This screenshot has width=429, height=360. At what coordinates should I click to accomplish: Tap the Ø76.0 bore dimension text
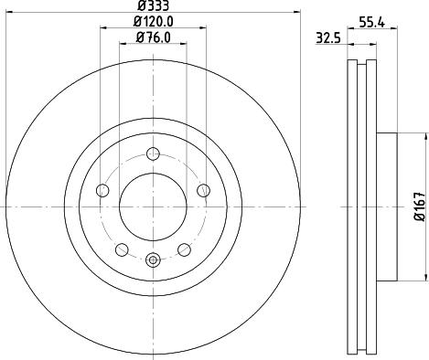pos(154,37)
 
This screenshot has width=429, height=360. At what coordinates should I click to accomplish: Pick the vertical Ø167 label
pos(417,207)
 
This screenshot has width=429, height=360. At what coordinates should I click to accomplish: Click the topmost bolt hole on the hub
pos(154,153)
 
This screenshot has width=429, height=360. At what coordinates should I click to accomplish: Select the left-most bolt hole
pos(102,190)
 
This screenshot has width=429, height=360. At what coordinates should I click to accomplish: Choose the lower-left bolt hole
pos(122,249)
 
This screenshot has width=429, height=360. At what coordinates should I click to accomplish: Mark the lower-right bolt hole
pos(186,249)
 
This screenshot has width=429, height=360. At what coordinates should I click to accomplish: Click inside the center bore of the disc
pos(154,206)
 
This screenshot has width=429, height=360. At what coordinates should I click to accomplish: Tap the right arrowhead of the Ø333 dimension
pos(297,13)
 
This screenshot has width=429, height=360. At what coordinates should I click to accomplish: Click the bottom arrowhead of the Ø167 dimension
pos(424,277)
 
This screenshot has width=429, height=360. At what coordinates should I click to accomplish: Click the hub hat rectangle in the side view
pos(388,206)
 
